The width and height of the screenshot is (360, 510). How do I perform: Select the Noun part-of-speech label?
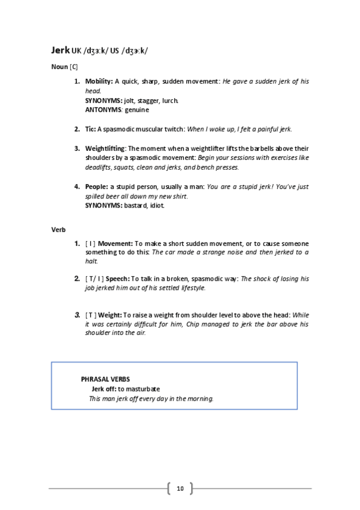(x=59, y=67)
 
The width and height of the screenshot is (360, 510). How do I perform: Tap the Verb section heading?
(x=58, y=230)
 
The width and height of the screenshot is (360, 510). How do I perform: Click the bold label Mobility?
(x=99, y=81)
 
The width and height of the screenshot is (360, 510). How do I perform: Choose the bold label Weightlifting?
(x=106, y=149)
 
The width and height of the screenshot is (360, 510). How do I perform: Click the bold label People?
(x=96, y=186)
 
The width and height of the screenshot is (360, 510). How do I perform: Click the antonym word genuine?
(x=138, y=110)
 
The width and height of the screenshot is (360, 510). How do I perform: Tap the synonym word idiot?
(x=155, y=206)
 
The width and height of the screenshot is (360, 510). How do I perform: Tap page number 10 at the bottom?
(x=180, y=488)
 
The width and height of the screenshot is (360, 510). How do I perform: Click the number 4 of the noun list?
(x=77, y=186)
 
